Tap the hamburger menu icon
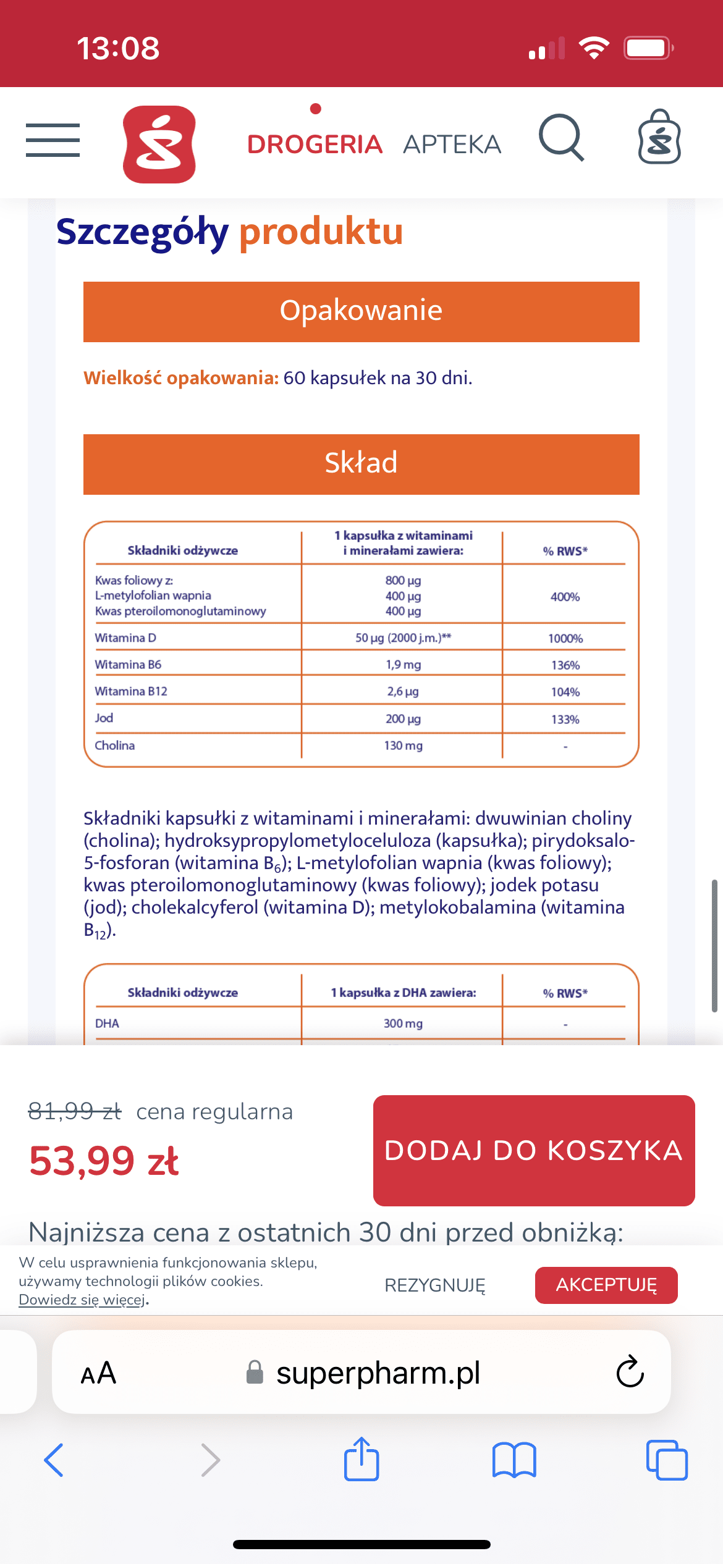(53, 140)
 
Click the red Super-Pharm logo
(159, 145)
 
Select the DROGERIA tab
(315, 144)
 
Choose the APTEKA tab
(452, 144)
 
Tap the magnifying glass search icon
(561, 138)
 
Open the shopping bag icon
(659, 138)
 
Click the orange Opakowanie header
(361, 311)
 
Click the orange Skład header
(361, 464)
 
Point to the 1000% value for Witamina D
(565, 638)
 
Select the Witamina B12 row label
(131, 691)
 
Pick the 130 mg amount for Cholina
(403, 746)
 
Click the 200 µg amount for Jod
(403, 718)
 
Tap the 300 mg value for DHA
(403, 1024)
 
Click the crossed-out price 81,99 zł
(75, 1111)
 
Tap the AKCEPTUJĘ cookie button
(606, 1285)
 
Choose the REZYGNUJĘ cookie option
(435, 1285)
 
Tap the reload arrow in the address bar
(630, 1372)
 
